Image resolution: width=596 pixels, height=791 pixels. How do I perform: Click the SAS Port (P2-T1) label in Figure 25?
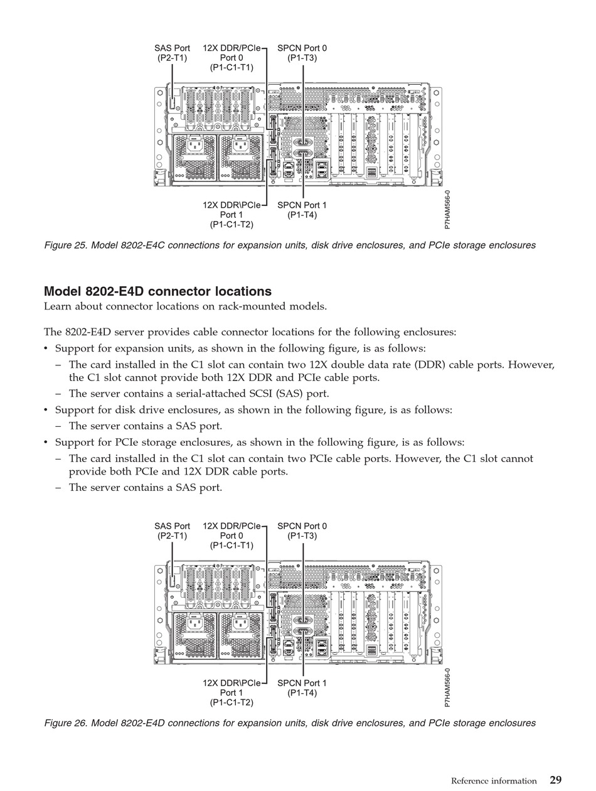172,53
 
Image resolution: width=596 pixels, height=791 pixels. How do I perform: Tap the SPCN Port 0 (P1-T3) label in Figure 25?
302,53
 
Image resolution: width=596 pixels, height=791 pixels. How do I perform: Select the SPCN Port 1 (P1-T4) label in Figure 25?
302,210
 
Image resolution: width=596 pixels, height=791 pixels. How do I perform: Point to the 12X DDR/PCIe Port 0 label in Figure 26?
231,535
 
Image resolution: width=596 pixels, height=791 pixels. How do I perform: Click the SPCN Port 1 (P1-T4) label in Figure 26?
302,688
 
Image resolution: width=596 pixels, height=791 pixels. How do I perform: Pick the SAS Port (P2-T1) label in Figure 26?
172,531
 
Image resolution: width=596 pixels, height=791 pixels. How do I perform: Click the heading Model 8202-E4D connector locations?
157,291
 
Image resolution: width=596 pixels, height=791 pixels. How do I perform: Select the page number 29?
556,780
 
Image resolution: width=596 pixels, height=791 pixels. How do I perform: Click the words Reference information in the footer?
494,781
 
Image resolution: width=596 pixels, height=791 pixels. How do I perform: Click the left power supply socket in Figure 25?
194,147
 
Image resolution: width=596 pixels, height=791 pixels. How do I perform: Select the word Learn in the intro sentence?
58,306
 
